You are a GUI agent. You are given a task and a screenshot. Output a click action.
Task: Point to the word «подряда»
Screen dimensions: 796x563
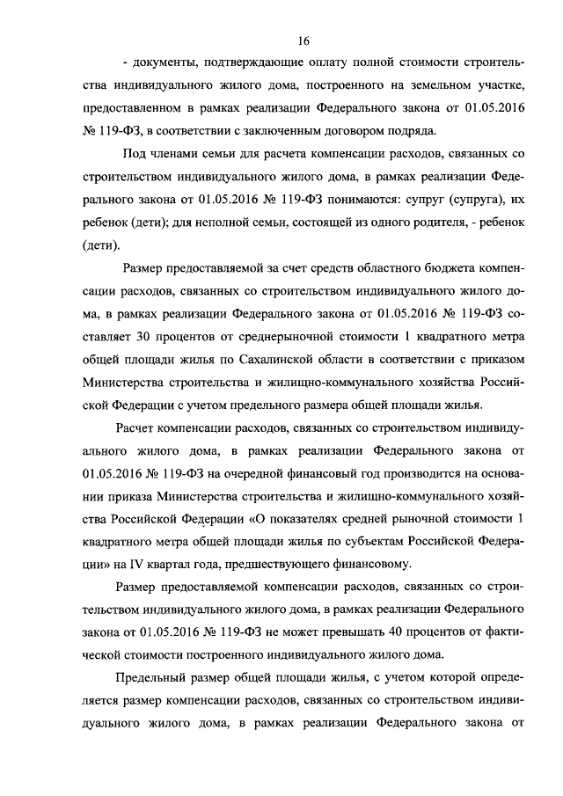click(x=413, y=131)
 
